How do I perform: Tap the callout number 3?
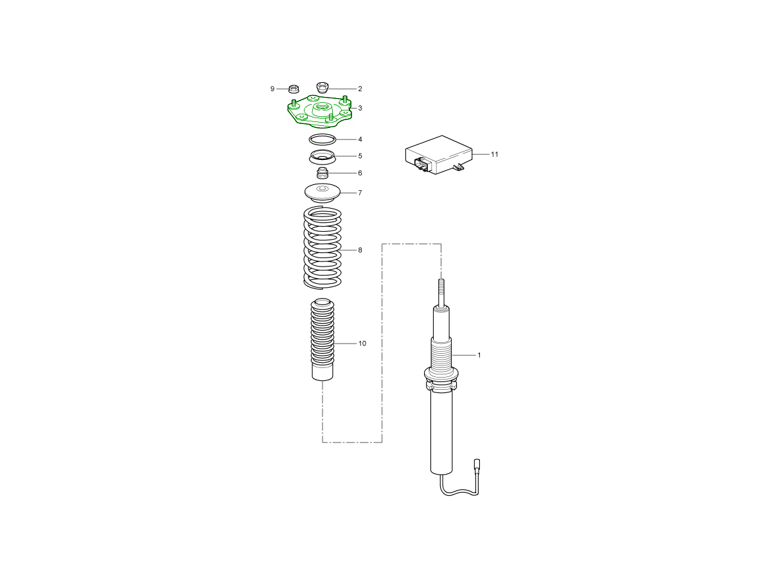click(x=360, y=108)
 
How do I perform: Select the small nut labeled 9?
click(x=293, y=89)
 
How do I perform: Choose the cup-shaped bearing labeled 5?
click(x=322, y=157)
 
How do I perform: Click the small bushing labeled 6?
click(x=323, y=173)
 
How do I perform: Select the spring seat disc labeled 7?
click(x=323, y=193)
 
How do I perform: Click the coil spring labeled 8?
click(x=323, y=248)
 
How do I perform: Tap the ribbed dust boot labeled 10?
click(x=323, y=339)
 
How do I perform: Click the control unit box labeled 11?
click(x=439, y=155)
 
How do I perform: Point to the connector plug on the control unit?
click(x=421, y=164)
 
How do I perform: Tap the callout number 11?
click(x=495, y=154)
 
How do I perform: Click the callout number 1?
click(x=479, y=355)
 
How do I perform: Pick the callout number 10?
click(x=362, y=344)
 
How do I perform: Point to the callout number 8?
click(x=360, y=250)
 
